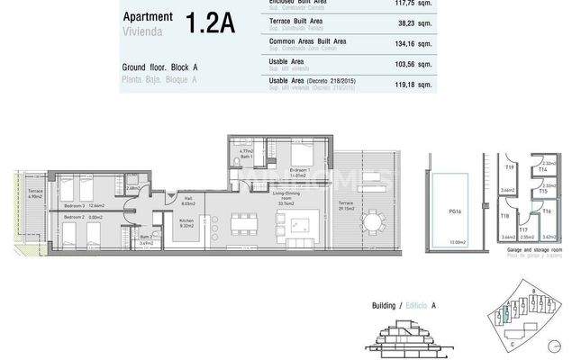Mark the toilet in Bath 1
tap(236, 159)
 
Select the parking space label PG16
tap(456, 211)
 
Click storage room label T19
tap(509, 167)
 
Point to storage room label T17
tap(522, 229)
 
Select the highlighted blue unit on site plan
tap(506, 314)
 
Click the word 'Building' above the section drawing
tap(386, 306)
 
